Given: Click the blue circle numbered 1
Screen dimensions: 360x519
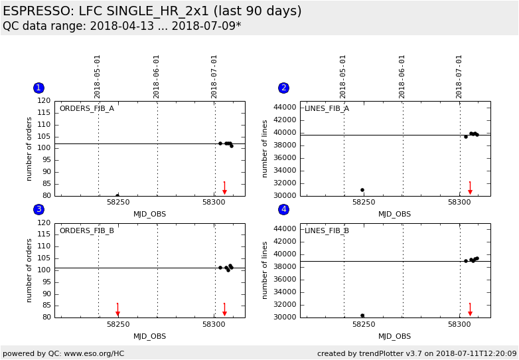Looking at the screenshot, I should tap(38, 88).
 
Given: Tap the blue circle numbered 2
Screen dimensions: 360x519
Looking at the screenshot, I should tap(283, 88).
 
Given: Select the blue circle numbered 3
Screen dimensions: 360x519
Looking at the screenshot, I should tap(38, 209).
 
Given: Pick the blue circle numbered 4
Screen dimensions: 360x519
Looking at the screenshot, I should tap(283, 209).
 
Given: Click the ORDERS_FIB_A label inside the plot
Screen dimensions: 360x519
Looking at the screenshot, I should tap(86, 108).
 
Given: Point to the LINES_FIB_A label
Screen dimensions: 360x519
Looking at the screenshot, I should tap(327, 108).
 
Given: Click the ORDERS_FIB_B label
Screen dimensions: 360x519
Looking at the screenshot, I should tap(86, 230).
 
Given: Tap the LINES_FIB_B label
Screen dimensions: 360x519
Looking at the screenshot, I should tap(327, 230).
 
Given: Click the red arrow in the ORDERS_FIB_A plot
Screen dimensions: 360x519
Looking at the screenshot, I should tap(224, 189).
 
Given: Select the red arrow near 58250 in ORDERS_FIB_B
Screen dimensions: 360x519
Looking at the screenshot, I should tap(117, 310).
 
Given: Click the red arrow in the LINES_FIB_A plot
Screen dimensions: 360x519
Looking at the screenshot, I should tap(470, 189).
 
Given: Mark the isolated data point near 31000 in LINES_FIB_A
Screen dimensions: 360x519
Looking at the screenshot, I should tap(362, 190).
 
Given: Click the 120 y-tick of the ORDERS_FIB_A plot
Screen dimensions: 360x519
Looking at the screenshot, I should tap(44, 101).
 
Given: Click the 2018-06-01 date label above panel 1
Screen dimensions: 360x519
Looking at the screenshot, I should tap(157, 76).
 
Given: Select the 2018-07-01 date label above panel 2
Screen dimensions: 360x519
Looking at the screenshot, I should tap(459, 76).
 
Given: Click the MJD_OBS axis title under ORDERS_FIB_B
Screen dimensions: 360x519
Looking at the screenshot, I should tap(150, 336).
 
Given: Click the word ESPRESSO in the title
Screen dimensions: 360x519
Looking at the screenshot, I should tap(37, 11).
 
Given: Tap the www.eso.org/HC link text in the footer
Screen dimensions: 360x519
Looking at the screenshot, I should tap(94, 353).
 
